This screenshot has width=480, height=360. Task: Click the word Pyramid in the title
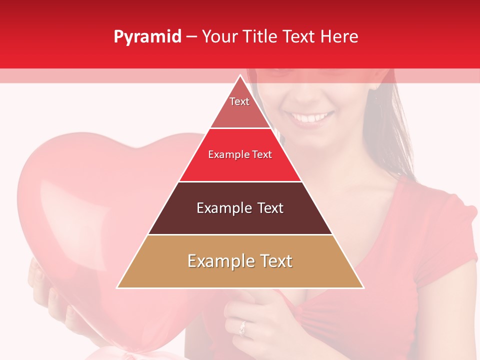tap(147, 37)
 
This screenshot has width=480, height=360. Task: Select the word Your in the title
tap(219, 37)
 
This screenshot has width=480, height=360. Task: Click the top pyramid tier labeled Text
tap(240, 107)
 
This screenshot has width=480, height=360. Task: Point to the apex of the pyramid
tap(240, 76)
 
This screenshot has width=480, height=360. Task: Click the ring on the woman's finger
tap(243, 328)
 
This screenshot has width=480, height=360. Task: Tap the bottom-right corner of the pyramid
tap(362, 287)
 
